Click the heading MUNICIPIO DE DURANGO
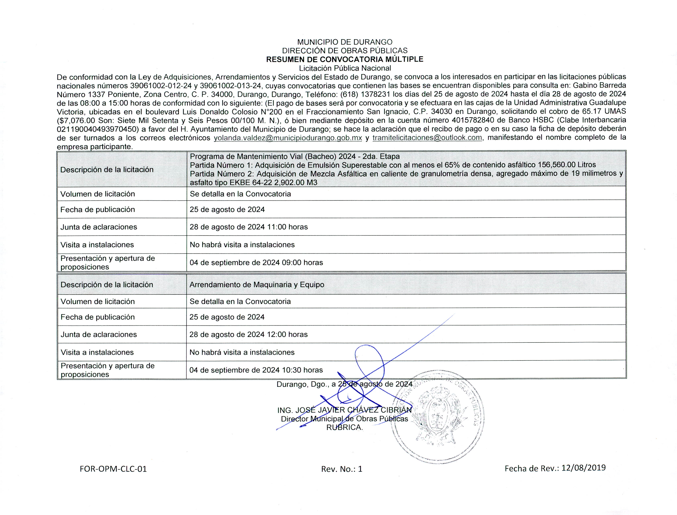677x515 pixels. (345, 42)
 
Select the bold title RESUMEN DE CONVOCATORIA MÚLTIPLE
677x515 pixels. (345, 59)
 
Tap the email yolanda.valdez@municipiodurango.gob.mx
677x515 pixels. (288, 138)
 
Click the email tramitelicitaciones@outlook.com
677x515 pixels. (427, 138)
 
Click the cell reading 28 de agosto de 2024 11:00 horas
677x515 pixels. (249, 227)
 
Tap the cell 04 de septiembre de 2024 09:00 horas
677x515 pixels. (256, 262)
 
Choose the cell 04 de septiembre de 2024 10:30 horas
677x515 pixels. (256, 370)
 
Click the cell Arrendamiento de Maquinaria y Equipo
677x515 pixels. (257, 284)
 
